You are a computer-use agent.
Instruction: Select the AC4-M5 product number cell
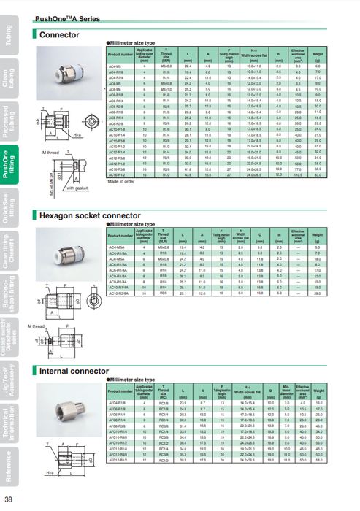pos(120,66)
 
